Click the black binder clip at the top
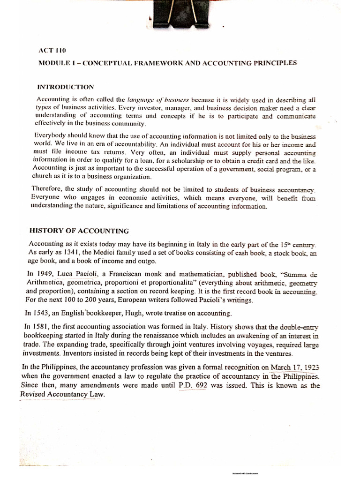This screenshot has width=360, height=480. click(x=180, y=14)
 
